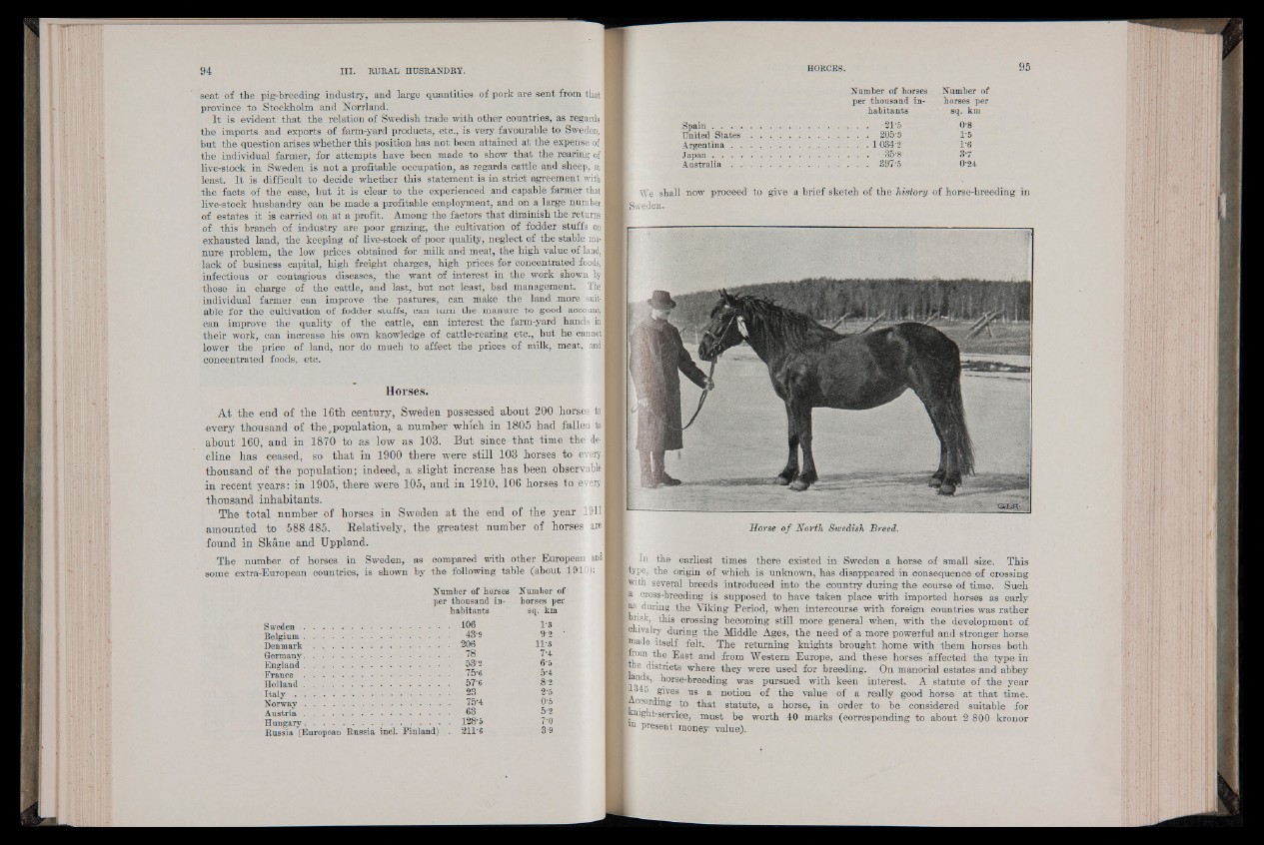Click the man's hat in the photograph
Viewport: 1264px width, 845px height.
659,299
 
